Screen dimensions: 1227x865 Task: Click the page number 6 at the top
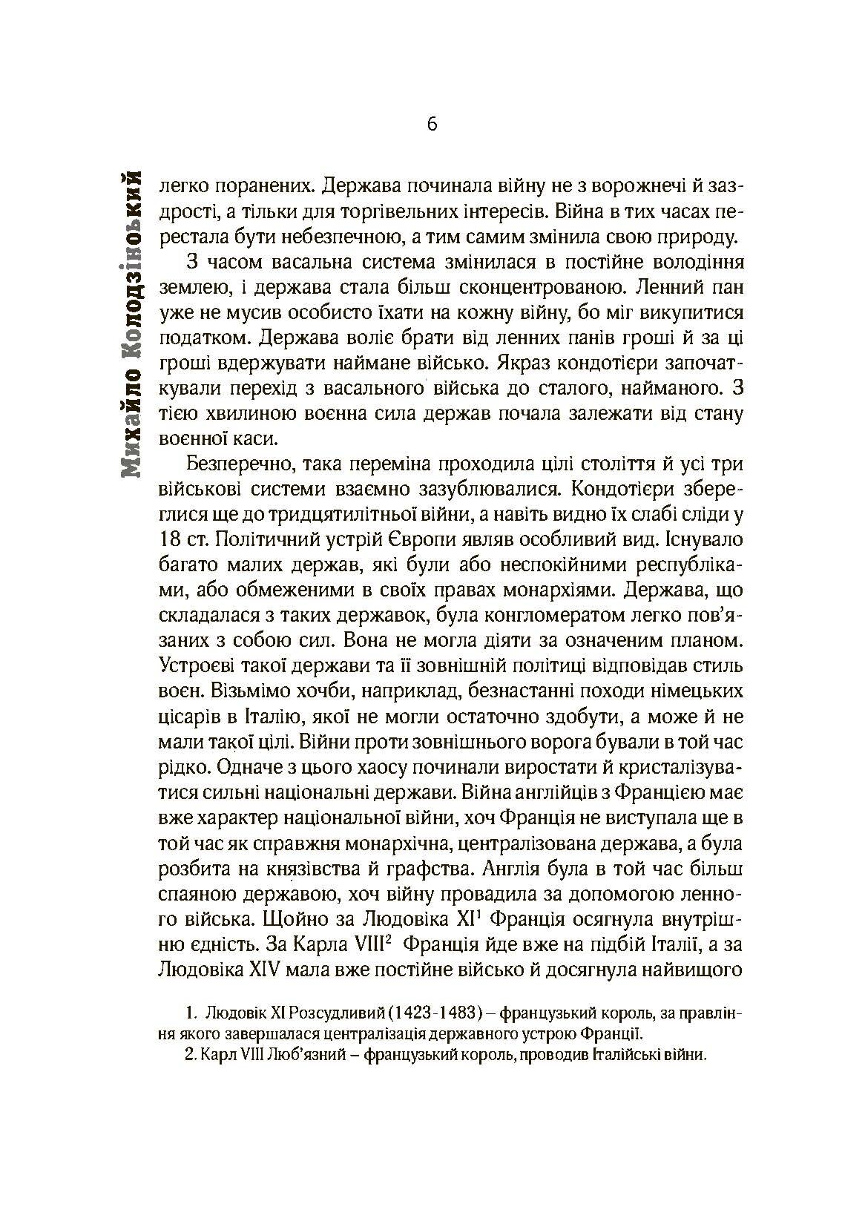(x=432, y=124)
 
